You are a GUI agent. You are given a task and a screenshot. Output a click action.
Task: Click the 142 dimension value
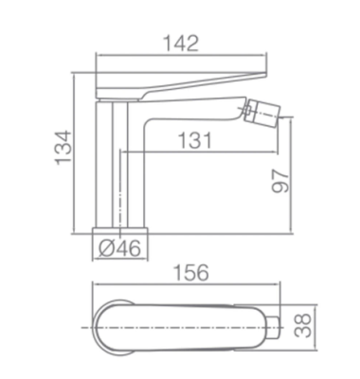point(181,44)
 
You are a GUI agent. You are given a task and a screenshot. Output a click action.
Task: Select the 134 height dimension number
point(63,147)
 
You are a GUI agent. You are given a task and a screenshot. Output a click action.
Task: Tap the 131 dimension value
point(195,140)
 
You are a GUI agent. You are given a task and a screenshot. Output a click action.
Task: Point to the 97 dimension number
point(280,181)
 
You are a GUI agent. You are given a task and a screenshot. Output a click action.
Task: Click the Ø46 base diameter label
point(119,248)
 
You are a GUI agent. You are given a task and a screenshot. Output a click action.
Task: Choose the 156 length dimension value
point(191,272)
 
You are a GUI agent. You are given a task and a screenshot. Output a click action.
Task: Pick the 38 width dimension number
point(303,326)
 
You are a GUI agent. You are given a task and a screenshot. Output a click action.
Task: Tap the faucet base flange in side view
point(120,230)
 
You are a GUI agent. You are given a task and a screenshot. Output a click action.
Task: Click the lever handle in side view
point(181,85)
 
